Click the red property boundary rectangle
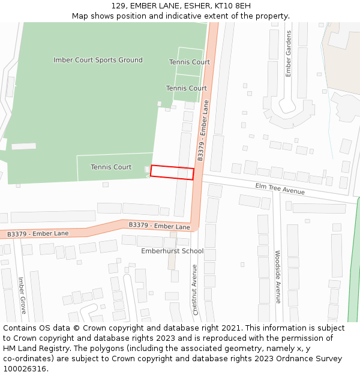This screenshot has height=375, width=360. click(172, 172)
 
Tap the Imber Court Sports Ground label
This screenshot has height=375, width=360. click(98, 60)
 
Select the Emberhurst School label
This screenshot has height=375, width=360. click(172, 251)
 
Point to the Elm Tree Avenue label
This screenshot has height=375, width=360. click(280, 189)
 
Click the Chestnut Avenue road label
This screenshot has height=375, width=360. click(195, 289)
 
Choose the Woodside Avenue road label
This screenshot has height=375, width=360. click(278, 277)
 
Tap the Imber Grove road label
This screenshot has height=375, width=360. click(22, 295)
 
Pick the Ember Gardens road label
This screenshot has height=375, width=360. click(289, 53)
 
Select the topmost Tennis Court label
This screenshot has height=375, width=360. click(189, 62)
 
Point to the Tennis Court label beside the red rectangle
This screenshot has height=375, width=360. click(111, 167)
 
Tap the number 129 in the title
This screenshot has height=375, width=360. click(119, 6)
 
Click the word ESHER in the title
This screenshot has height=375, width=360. click(189, 6)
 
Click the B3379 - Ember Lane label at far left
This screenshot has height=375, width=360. click(38, 233)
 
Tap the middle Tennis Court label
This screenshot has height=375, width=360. click(186, 88)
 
